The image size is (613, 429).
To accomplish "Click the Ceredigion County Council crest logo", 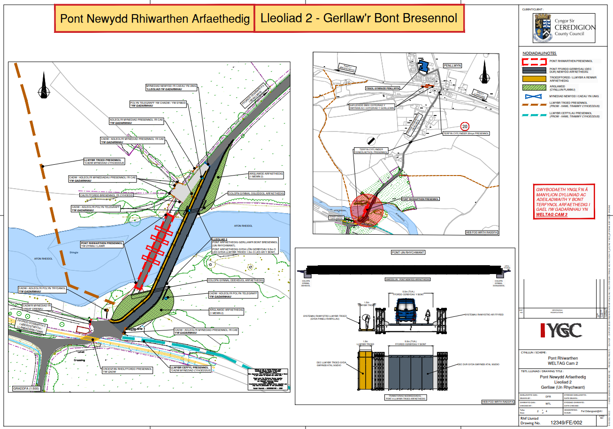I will click(543, 28).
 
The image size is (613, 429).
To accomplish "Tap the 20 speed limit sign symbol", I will click(465, 126).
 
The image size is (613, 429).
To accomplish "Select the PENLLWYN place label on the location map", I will click(453, 66).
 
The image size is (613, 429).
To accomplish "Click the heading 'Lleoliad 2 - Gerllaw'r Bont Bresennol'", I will click(359, 19).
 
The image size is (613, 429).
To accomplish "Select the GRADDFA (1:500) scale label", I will click(26, 389).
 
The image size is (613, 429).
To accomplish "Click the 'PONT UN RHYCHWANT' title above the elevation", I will click(408, 252).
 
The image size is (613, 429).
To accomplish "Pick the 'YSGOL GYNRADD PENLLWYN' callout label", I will click(383, 88).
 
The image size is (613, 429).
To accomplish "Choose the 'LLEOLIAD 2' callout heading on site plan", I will click(220, 239).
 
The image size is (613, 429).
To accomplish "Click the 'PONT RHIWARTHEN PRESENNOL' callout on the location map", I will click(421, 199).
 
